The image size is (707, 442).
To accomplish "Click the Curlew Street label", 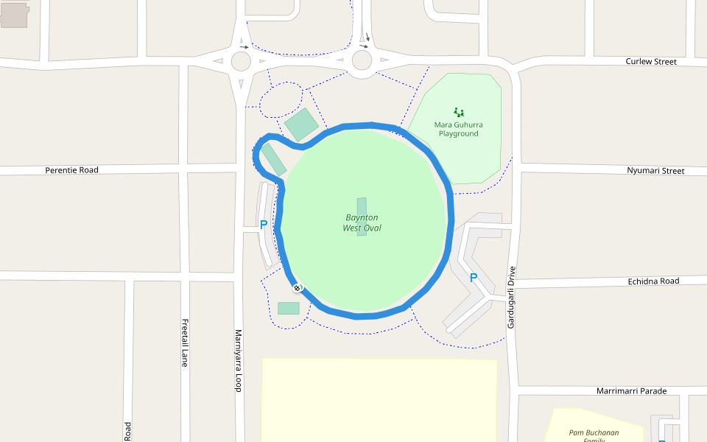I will [x=651, y=62].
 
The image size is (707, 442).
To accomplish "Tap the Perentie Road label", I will [x=71, y=170].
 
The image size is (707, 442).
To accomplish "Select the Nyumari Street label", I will [x=655, y=171].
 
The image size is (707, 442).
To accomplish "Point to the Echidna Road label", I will [x=653, y=281].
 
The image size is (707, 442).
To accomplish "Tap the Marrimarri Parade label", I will [x=631, y=391].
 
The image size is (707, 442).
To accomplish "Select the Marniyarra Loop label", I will [x=238, y=360].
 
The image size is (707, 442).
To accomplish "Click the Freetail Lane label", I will [x=185, y=343].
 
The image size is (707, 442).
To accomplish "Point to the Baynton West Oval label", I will [x=362, y=223].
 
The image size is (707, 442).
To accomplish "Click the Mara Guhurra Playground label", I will [x=458, y=129].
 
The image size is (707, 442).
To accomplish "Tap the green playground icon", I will [x=459, y=113].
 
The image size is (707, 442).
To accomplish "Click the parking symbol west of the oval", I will [x=263, y=225].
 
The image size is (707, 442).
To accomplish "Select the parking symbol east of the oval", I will [x=474, y=278].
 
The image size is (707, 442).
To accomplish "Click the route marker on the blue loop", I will [x=297, y=288].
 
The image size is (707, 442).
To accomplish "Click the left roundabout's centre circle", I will [x=241, y=60].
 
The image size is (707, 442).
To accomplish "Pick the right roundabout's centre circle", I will [x=362, y=59].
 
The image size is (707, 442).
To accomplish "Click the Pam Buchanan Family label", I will [x=594, y=435].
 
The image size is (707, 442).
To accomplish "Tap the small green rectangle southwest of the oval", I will [x=289, y=308].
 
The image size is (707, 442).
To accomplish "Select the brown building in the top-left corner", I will [x=14, y=15].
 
